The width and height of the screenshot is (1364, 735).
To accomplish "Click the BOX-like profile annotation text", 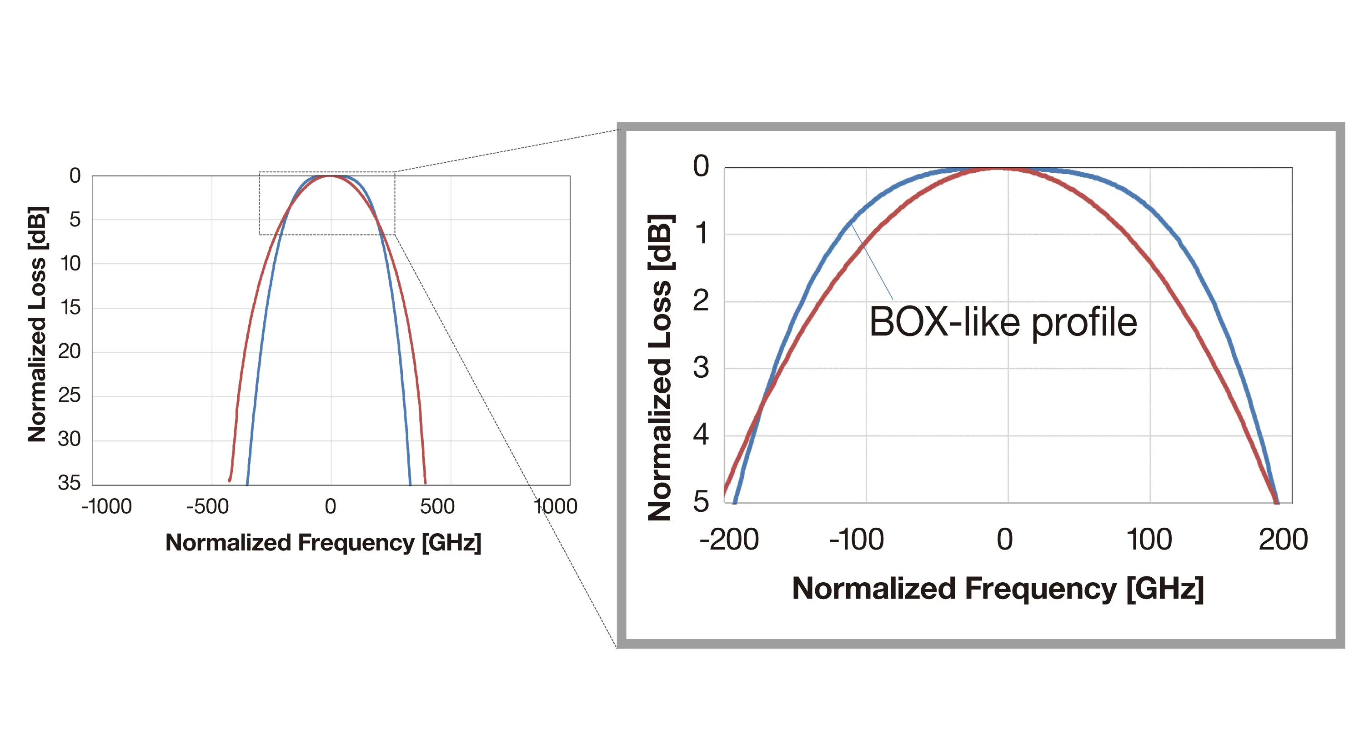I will (x=1003, y=322).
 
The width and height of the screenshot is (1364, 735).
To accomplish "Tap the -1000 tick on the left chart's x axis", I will (x=106, y=507).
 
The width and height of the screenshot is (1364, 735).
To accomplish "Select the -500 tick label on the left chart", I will (x=208, y=507).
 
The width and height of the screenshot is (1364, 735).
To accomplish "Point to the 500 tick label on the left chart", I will (x=437, y=507).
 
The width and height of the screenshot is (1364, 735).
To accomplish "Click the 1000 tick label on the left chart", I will (x=556, y=507).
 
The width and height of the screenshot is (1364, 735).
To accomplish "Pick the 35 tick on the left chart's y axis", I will (x=70, y=483).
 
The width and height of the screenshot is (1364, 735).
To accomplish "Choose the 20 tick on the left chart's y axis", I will (x=70, y=351).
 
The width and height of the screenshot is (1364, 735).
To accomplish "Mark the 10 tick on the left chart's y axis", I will (x=70, y=263).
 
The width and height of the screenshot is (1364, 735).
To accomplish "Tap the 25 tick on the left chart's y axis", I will (x=70, y=395).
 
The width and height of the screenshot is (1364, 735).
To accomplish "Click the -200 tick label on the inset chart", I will (x=729, y=540).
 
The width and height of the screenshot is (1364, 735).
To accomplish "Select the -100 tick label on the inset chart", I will (x=856, y=540).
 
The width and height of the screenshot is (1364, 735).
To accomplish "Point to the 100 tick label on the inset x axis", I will (x=1148, y=540).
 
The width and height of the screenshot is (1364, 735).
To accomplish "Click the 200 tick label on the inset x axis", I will (x=1283, y=540).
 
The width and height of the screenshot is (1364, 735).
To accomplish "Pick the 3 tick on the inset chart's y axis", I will (x=701, y=367).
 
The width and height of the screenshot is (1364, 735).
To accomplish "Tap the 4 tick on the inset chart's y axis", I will (x=701, y=435).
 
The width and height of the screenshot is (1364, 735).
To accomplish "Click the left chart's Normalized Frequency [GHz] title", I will (x=323, y=543).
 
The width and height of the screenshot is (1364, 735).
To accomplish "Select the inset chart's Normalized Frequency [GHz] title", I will (x=998, y=589).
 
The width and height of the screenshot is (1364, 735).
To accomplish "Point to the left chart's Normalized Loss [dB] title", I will (x=38, y=324).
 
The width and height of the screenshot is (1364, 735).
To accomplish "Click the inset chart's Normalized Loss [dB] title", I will (x=660, y=367).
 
